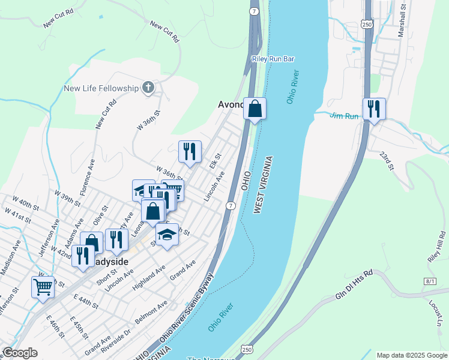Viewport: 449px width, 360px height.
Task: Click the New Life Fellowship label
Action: [101, 88]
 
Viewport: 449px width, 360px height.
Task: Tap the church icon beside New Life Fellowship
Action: [148, 88]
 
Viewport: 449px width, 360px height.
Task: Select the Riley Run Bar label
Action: [273, 59]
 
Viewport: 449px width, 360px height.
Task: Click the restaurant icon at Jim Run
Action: [374, 109]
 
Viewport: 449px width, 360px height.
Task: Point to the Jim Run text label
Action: [343, 116]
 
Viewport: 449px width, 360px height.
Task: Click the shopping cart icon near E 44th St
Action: [43, 286]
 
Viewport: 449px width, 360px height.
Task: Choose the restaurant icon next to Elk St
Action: [190, 151]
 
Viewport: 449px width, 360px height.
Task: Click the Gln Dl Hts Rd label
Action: [354, 282]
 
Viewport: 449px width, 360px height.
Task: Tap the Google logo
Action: [20, 353]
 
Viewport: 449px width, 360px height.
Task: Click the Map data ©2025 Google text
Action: [411, 355]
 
